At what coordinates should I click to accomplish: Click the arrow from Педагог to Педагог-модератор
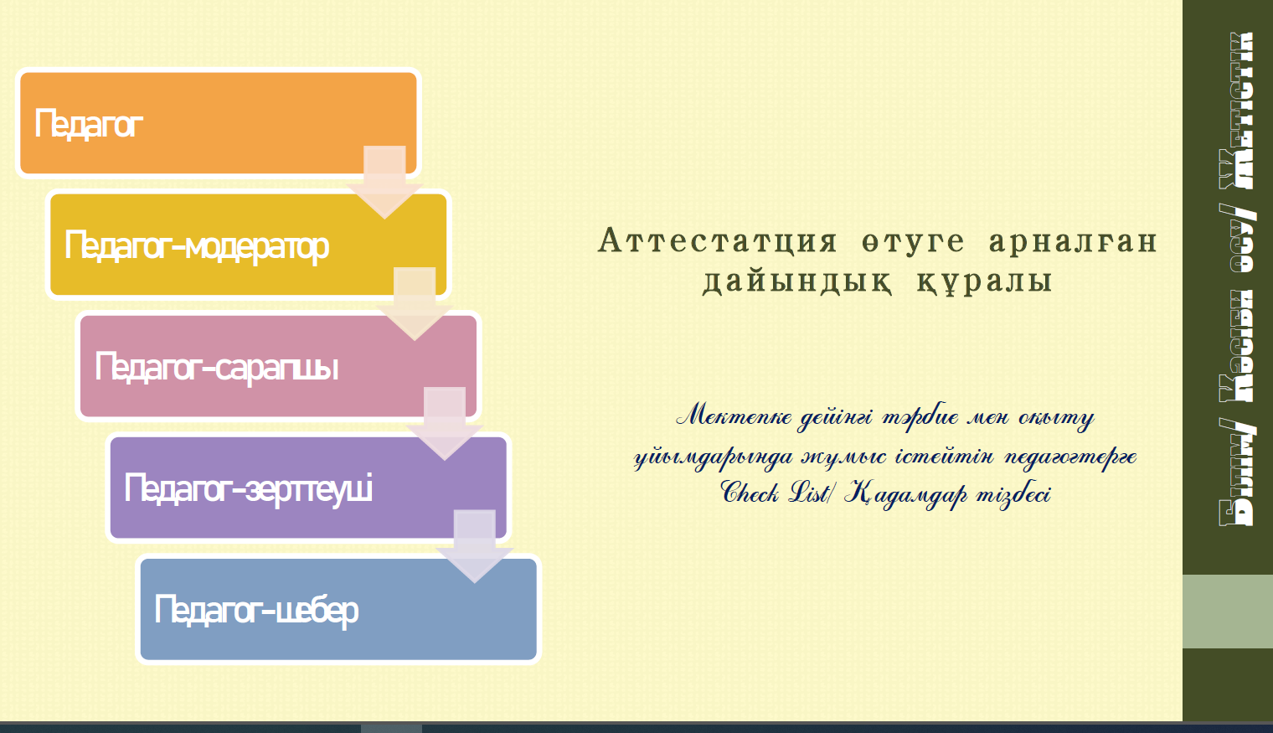coord(384,182)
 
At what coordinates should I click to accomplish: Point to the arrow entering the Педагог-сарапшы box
coord(415,304)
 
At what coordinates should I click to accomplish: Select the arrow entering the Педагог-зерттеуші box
coord(445,424)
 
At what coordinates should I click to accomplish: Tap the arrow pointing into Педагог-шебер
coord(475,546)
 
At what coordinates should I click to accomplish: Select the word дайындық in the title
coord(796,281)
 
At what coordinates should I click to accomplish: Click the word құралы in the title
coord(984,281)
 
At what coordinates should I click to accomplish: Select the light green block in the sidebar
coord(1228,612)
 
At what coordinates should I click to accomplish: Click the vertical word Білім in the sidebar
coord(1237,479)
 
